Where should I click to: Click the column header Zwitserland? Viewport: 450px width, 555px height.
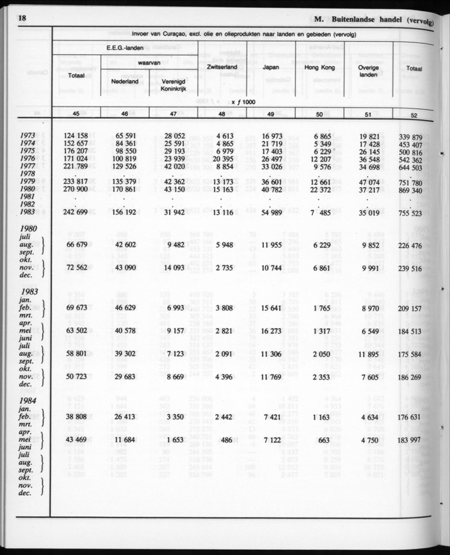pyautogui.click(x=222, y=68)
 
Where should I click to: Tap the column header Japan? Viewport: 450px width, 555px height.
pyautogui.click(x=271, y=68)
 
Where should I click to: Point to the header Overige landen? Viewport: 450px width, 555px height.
pyautogui.click(x=368, y=71)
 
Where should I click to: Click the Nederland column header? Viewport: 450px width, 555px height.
pyautogui.click(x=124, y=82)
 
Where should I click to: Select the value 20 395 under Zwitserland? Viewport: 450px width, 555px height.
pyautogui.click(x=221, y=159)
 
